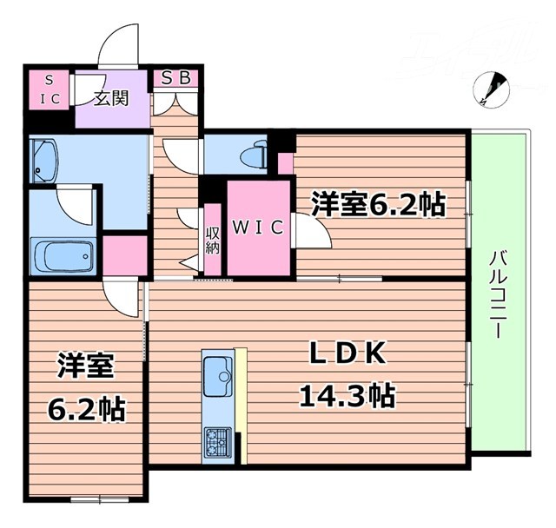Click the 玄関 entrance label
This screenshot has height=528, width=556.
click(109, 97)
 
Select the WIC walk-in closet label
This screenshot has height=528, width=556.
click(258, 228)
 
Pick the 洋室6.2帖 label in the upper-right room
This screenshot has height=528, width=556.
click(378, 205)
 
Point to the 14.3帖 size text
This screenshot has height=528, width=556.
click(347, 397)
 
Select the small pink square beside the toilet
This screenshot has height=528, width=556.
click(285, 162)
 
